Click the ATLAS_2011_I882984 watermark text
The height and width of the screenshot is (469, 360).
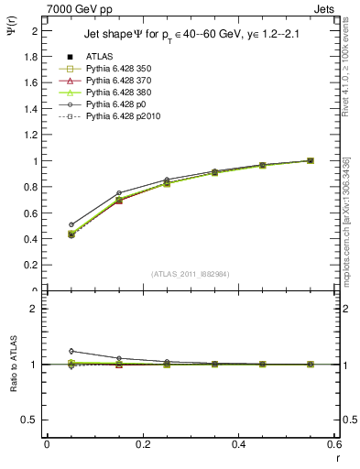pyautogui.click(x=190, y=275)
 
